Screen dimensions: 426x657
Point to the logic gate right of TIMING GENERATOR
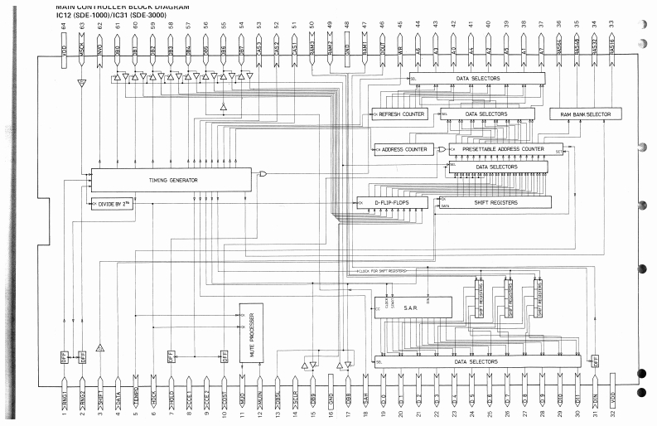coord(263,174)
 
